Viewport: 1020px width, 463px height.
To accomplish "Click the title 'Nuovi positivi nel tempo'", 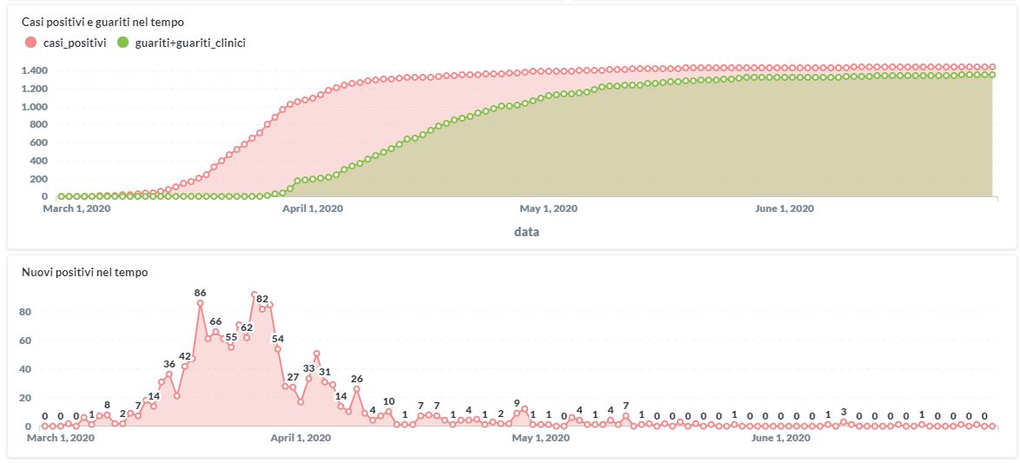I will click(84, 273).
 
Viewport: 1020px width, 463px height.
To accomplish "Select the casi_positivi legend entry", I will click(69, 42).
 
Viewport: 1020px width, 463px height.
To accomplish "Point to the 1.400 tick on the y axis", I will click(35, 70).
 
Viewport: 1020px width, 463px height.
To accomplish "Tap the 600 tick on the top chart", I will click(39, 143).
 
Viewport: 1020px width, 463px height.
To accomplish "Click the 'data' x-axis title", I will click(525, 232).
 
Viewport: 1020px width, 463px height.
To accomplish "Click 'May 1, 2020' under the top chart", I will click(549, 208).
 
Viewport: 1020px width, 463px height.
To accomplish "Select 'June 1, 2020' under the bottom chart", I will click(780, 439).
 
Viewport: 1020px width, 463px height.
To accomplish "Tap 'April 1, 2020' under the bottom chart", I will click(308, 439).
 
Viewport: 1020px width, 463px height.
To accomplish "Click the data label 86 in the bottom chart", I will click(200, 294).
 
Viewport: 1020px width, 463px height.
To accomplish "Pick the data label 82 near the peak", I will click(262, 299).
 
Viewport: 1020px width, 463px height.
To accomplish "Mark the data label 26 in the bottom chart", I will click(357, 379).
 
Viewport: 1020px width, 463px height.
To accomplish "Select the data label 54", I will click(278, 339).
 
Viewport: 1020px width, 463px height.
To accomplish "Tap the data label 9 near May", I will click(517, 403).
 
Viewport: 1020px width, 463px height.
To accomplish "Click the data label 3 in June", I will click(844, 412).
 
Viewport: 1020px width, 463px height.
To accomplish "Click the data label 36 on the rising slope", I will click(169, 364).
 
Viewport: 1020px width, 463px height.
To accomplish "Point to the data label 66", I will click(215, 321).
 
